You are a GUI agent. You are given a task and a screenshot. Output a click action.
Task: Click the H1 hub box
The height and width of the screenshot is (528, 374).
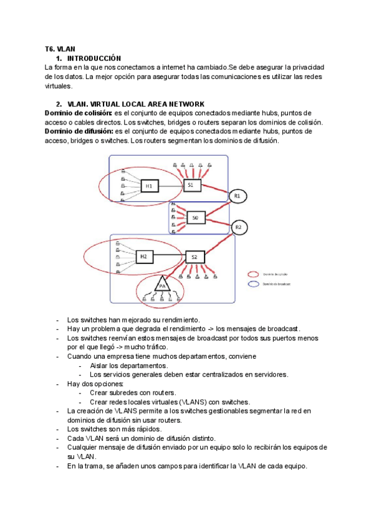149,186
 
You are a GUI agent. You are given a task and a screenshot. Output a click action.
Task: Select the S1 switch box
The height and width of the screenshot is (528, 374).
191,185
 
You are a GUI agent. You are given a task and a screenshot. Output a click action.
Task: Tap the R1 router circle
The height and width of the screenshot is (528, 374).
237,196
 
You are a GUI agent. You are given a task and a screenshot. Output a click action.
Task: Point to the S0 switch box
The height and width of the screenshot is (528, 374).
196,218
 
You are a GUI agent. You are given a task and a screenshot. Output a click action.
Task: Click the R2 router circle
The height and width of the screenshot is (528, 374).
238,227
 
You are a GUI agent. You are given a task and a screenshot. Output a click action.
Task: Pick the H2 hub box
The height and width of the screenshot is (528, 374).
143,256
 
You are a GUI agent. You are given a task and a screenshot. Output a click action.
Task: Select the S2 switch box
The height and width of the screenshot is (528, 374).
194,257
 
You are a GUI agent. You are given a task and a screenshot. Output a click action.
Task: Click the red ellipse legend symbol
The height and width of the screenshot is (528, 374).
253,274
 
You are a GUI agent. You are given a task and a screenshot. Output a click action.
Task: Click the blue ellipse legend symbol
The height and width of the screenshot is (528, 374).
253,283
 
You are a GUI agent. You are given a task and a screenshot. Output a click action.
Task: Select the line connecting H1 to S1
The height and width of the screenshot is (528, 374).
171,186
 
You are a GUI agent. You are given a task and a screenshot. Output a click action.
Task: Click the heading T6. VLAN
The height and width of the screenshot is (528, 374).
60,49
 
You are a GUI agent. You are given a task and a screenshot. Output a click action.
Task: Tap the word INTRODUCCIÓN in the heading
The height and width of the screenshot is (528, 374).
93,57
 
